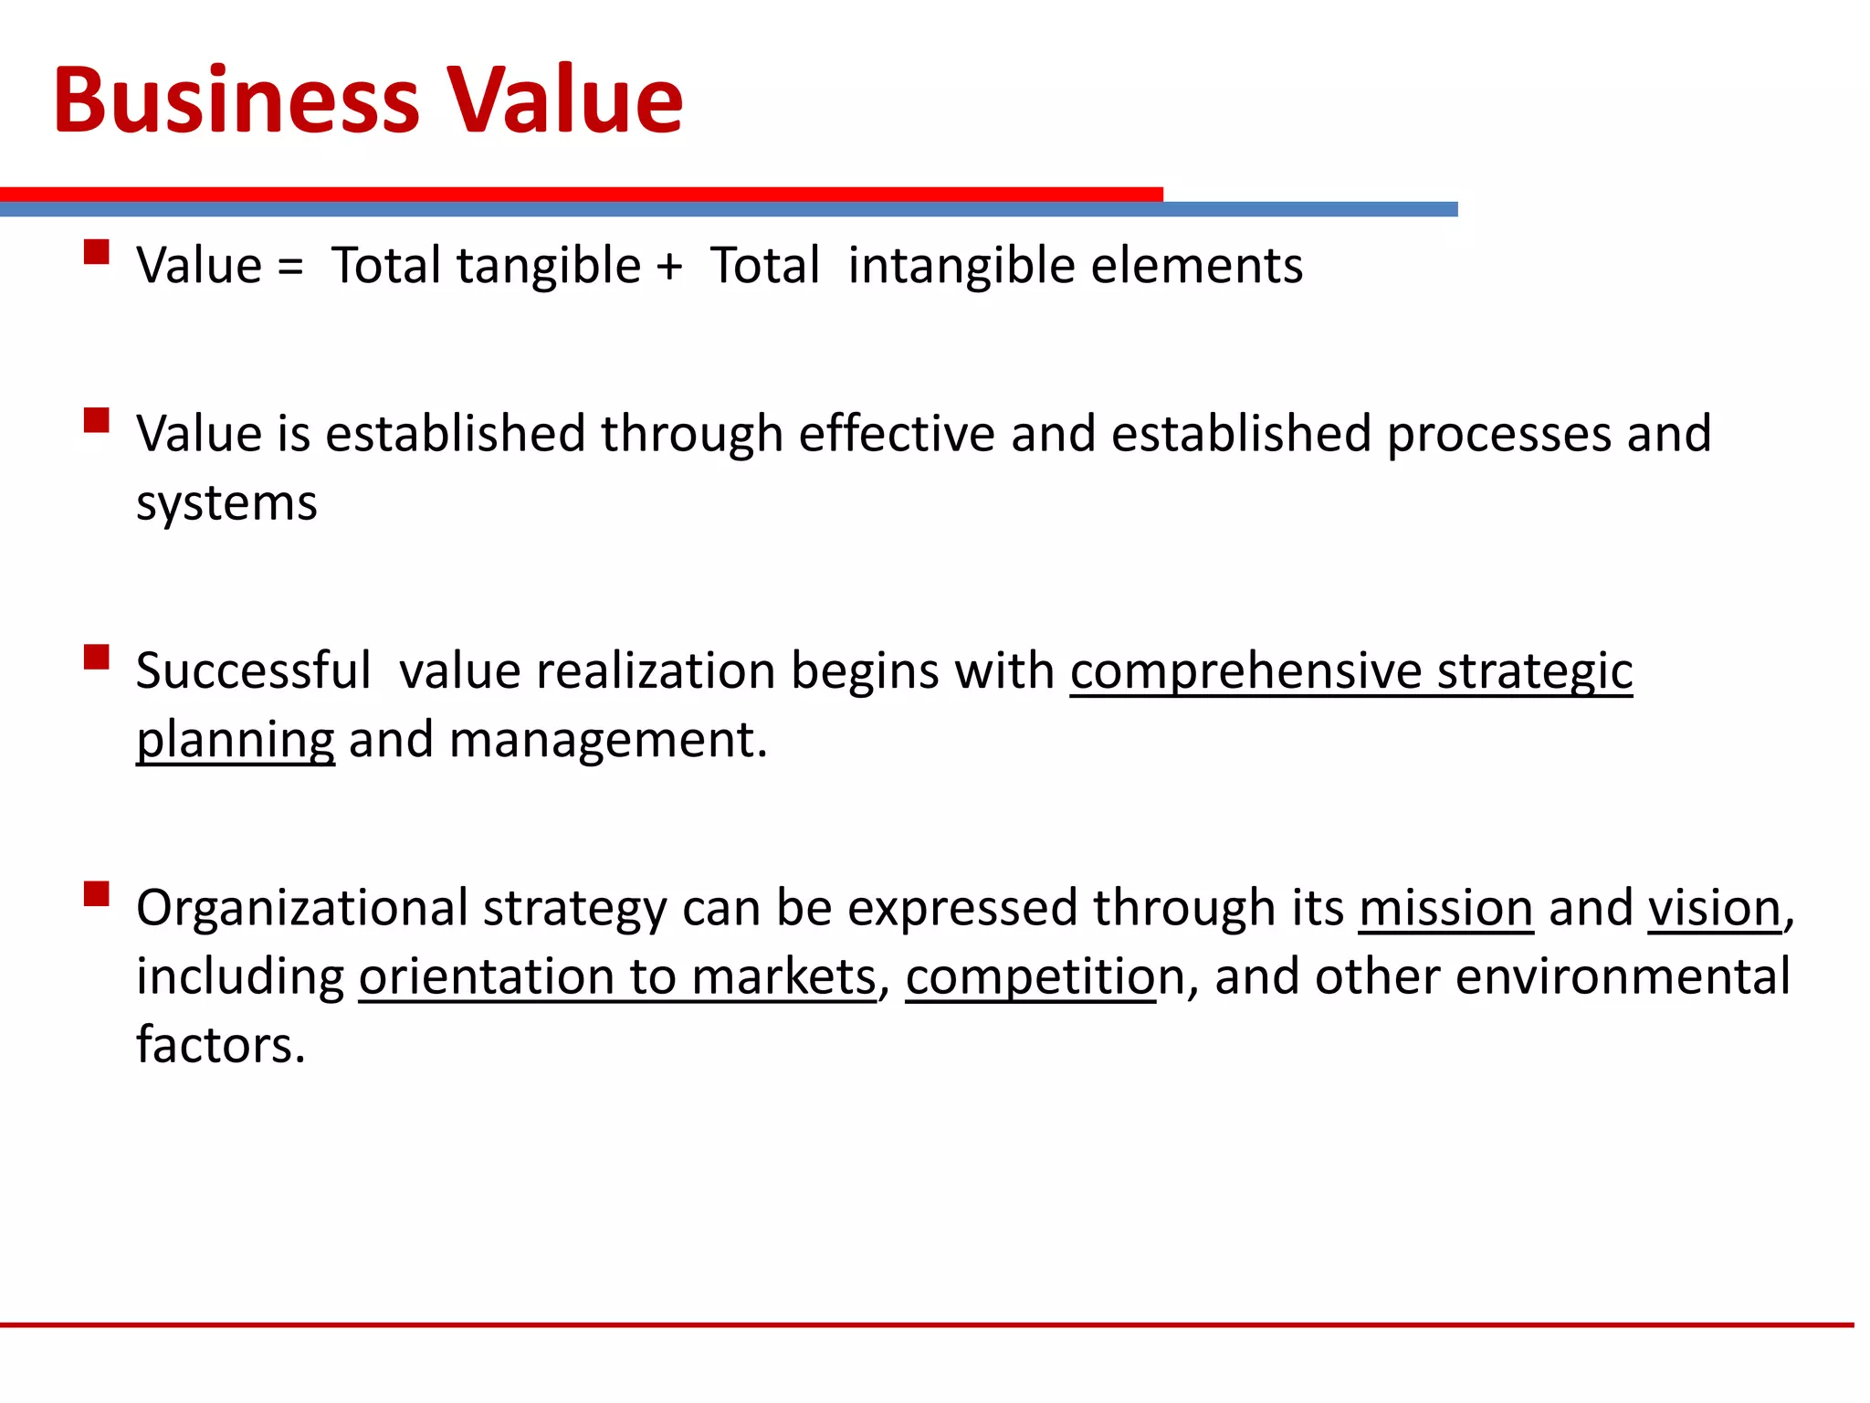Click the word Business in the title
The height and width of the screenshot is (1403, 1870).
[x=236, y=100]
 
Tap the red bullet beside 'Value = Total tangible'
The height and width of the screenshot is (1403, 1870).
[x=96, y=252]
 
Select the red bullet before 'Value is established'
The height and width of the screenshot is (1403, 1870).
[x=96, y=420]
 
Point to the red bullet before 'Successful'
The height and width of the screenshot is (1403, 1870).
[x=96, y=658]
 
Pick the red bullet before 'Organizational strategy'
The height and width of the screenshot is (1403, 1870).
[x=96, y=893]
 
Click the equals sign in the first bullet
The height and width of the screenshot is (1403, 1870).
[x=290, y=267]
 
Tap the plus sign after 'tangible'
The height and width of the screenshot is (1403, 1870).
[x=669, y=267]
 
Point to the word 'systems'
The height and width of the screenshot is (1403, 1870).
[x=226, y=504]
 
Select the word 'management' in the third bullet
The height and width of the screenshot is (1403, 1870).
[x=603, y=740]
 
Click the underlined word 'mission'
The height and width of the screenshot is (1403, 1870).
[x=1445, y=909]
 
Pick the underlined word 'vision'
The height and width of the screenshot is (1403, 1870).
[x=1715, y=909]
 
